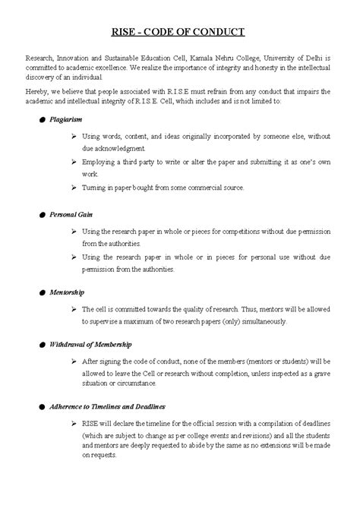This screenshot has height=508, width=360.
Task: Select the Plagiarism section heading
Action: (67, 119)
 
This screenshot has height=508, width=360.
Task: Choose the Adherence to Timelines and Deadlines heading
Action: (107, 408)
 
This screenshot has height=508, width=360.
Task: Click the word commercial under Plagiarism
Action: (193, 187)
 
